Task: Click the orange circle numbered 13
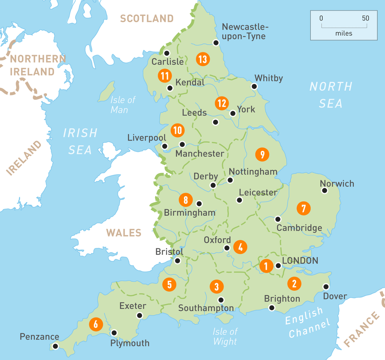coord(203,59)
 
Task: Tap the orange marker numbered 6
coord(95,324)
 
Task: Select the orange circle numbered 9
coord(262,154)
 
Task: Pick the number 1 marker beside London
coord(265,266)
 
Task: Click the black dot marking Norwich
coord(324,190)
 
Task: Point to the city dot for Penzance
coord(55,346)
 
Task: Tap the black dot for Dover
coord(326,286)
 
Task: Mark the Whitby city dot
coord(254,86)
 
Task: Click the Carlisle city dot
coord(167,53)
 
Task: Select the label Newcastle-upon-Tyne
coord(244,32)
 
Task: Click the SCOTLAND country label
coord(147,18)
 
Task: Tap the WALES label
coord(124,233)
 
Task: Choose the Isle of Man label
coord(123,105)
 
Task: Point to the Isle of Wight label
coord(225,336)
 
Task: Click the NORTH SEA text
coord(331,95)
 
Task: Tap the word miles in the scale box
coord(343,33)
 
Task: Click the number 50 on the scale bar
coord(365,18)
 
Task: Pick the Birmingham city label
coord(189,213)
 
